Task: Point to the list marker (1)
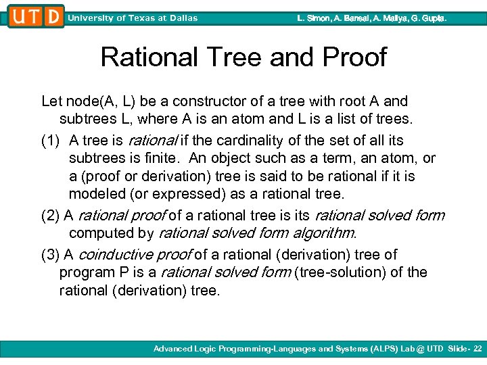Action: (51, 141)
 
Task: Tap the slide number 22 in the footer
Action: (478, 349)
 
